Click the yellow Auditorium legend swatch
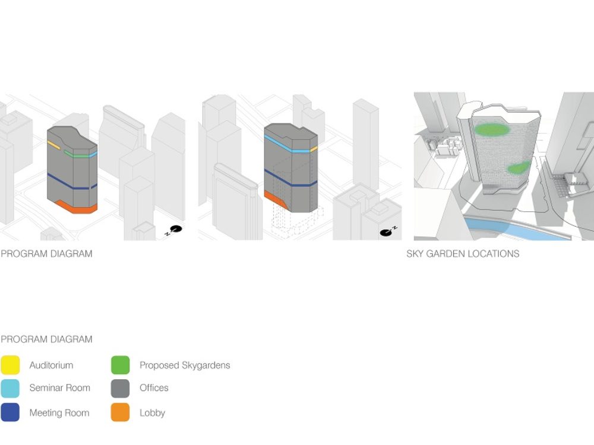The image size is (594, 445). click(10, 365)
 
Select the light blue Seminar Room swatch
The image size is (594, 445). click(10, 388)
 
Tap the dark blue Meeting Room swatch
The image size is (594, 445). click(10, 412)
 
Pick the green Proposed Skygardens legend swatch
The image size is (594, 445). click(120, 365)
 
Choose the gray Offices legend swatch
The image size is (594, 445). click(120, 388)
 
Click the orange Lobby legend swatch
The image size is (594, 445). click(120, 412)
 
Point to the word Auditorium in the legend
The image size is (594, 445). click(51, 365)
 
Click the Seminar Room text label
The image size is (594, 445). click(59, 388)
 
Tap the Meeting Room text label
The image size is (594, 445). click(59, 413)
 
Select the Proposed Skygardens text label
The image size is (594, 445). click(185, 365)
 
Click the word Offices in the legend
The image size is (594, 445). click(154, 388)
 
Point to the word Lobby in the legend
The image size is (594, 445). click(152, 413)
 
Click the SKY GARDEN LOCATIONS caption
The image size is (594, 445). click(463, 254)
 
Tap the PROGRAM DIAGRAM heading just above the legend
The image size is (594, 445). click(46, 339)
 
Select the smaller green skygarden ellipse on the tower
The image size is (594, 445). click(519, 168)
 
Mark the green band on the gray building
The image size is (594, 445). click(77, 155)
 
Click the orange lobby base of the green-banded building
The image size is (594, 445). click(75, 207)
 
